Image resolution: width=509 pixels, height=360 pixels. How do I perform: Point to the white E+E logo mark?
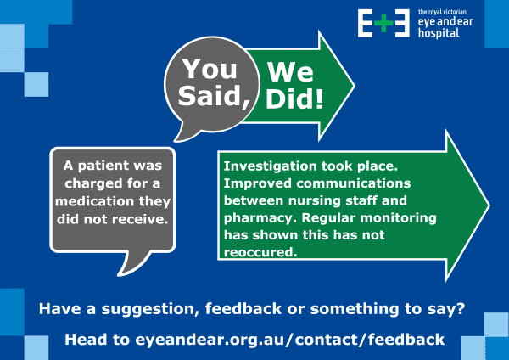coord(384,23)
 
